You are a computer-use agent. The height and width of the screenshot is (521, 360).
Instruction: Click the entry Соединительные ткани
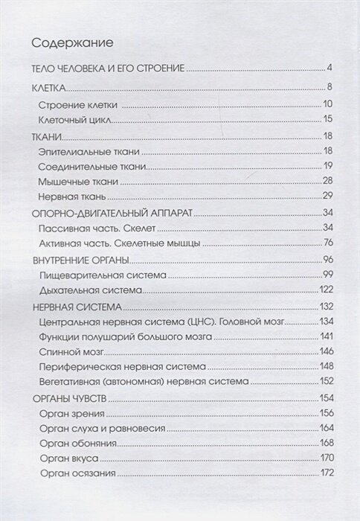coord(92,166)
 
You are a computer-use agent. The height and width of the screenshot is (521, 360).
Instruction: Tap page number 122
coord(323,290)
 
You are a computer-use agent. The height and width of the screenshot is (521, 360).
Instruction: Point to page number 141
coord(323,336)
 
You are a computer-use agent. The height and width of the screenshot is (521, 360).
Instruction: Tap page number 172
coord(323,474)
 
